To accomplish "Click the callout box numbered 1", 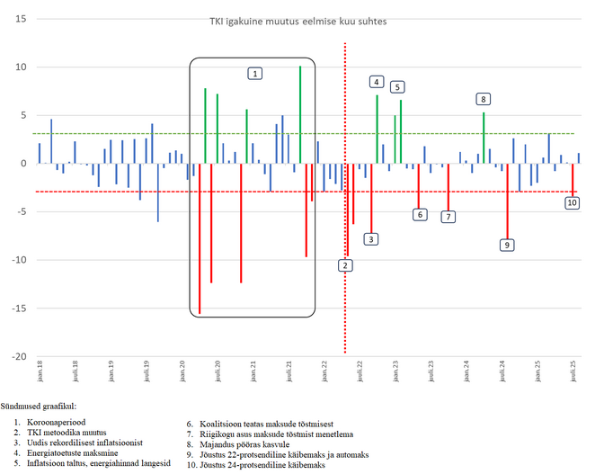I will [x=256, y=73].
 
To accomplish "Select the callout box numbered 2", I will [x=346, y=265].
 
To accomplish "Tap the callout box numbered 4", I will [x=376, y=82].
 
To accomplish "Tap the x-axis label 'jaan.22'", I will [x=324, y=371].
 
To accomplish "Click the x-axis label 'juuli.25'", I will [x=574, y=371].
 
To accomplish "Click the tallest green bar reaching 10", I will [x=300, y=115].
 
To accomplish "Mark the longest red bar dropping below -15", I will [x=200, y=238].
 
